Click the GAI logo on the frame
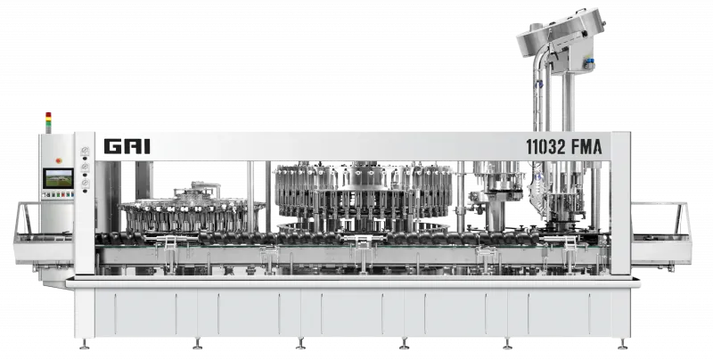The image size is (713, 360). (127, 146)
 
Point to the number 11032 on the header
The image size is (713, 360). (546, 147)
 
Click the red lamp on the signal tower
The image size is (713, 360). (48, 115)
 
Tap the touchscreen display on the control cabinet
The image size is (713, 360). (58, 178)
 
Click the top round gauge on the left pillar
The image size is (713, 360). (85, 151)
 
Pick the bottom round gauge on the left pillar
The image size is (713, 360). (85, 184)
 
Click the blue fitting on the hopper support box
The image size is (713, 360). (590, 64)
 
